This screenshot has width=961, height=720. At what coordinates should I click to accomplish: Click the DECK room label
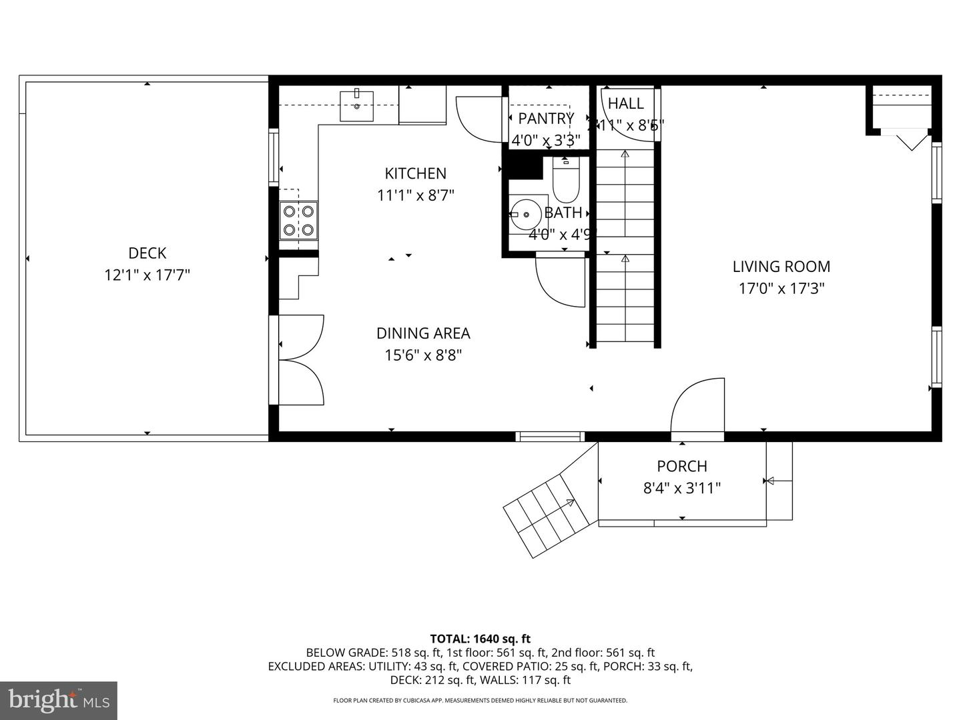(x=147, y=253)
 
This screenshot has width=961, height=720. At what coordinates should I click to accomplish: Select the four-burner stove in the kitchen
(x=298, y=221)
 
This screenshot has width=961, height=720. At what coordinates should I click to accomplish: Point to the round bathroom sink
(x=527, y=215)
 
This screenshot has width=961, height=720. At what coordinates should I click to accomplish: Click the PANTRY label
(x=546, y=119)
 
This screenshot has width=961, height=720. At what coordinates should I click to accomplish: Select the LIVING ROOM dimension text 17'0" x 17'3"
(x=781, y=289)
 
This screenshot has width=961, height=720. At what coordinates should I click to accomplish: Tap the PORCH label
(x=681, y=467)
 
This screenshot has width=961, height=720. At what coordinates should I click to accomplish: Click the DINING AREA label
(x=423, y=333)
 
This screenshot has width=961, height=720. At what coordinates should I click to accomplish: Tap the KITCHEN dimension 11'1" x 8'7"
(x=415, y=195)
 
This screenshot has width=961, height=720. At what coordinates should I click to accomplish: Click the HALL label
(x=626, y=103)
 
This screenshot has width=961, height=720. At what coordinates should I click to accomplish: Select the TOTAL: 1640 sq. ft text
(x=480, y=639)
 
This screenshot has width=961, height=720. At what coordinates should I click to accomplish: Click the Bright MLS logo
(x=59, y=700)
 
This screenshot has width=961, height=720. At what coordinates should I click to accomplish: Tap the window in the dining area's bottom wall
(x=550, y=437)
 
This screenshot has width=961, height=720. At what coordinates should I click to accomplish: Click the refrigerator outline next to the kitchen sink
(x=422, y=105)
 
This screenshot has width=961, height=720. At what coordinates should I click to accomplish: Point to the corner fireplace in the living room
(x=901, y=113)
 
